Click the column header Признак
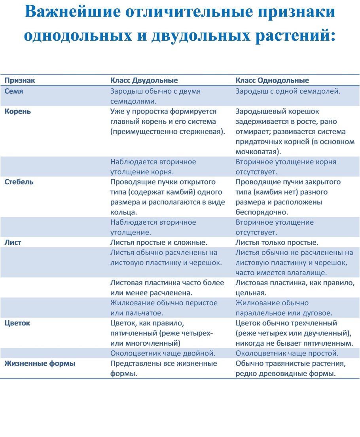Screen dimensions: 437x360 20,80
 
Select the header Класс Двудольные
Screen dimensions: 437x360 144,80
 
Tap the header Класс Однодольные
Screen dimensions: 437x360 272,80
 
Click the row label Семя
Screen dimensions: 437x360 14,91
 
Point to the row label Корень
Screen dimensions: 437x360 18,111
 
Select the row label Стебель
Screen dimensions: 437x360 19,182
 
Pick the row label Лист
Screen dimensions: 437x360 13,242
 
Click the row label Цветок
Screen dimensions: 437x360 17,323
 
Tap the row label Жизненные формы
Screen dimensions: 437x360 40,363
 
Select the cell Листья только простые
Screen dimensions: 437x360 277,242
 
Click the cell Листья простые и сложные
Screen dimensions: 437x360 159,242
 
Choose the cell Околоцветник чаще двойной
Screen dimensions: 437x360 163,353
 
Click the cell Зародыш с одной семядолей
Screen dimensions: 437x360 288,91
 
